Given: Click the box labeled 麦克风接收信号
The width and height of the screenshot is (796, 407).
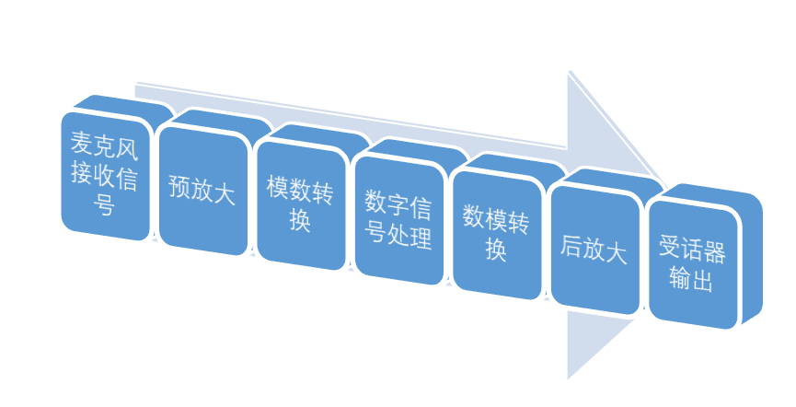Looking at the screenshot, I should (x=104, y=175).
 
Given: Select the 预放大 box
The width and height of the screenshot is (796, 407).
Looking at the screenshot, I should (x=202, y=189).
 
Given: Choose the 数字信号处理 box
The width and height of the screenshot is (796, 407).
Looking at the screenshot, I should (x=398, y=217).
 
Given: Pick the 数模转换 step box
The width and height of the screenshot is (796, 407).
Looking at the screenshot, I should (x=496, y=231).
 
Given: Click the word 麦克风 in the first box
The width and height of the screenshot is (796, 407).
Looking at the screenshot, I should (x=104, y=143).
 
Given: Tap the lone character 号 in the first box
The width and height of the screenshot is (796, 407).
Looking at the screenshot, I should (x=104, y=204).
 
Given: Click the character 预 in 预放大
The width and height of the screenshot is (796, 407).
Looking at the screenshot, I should (x=179, y=188).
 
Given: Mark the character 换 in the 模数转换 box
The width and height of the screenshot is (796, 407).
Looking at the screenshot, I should (x=300, y=221).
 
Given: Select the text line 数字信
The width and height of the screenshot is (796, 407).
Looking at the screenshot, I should (x=398, y=202).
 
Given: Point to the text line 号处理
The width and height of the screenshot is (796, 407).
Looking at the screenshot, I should (x=398, y=236).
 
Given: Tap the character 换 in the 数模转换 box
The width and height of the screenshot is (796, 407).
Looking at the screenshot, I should (x=496, y=250).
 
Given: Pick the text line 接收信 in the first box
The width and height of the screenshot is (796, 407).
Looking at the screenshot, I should (x=104, y=175).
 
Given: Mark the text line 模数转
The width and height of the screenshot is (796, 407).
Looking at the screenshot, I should (x=300, y=187).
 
